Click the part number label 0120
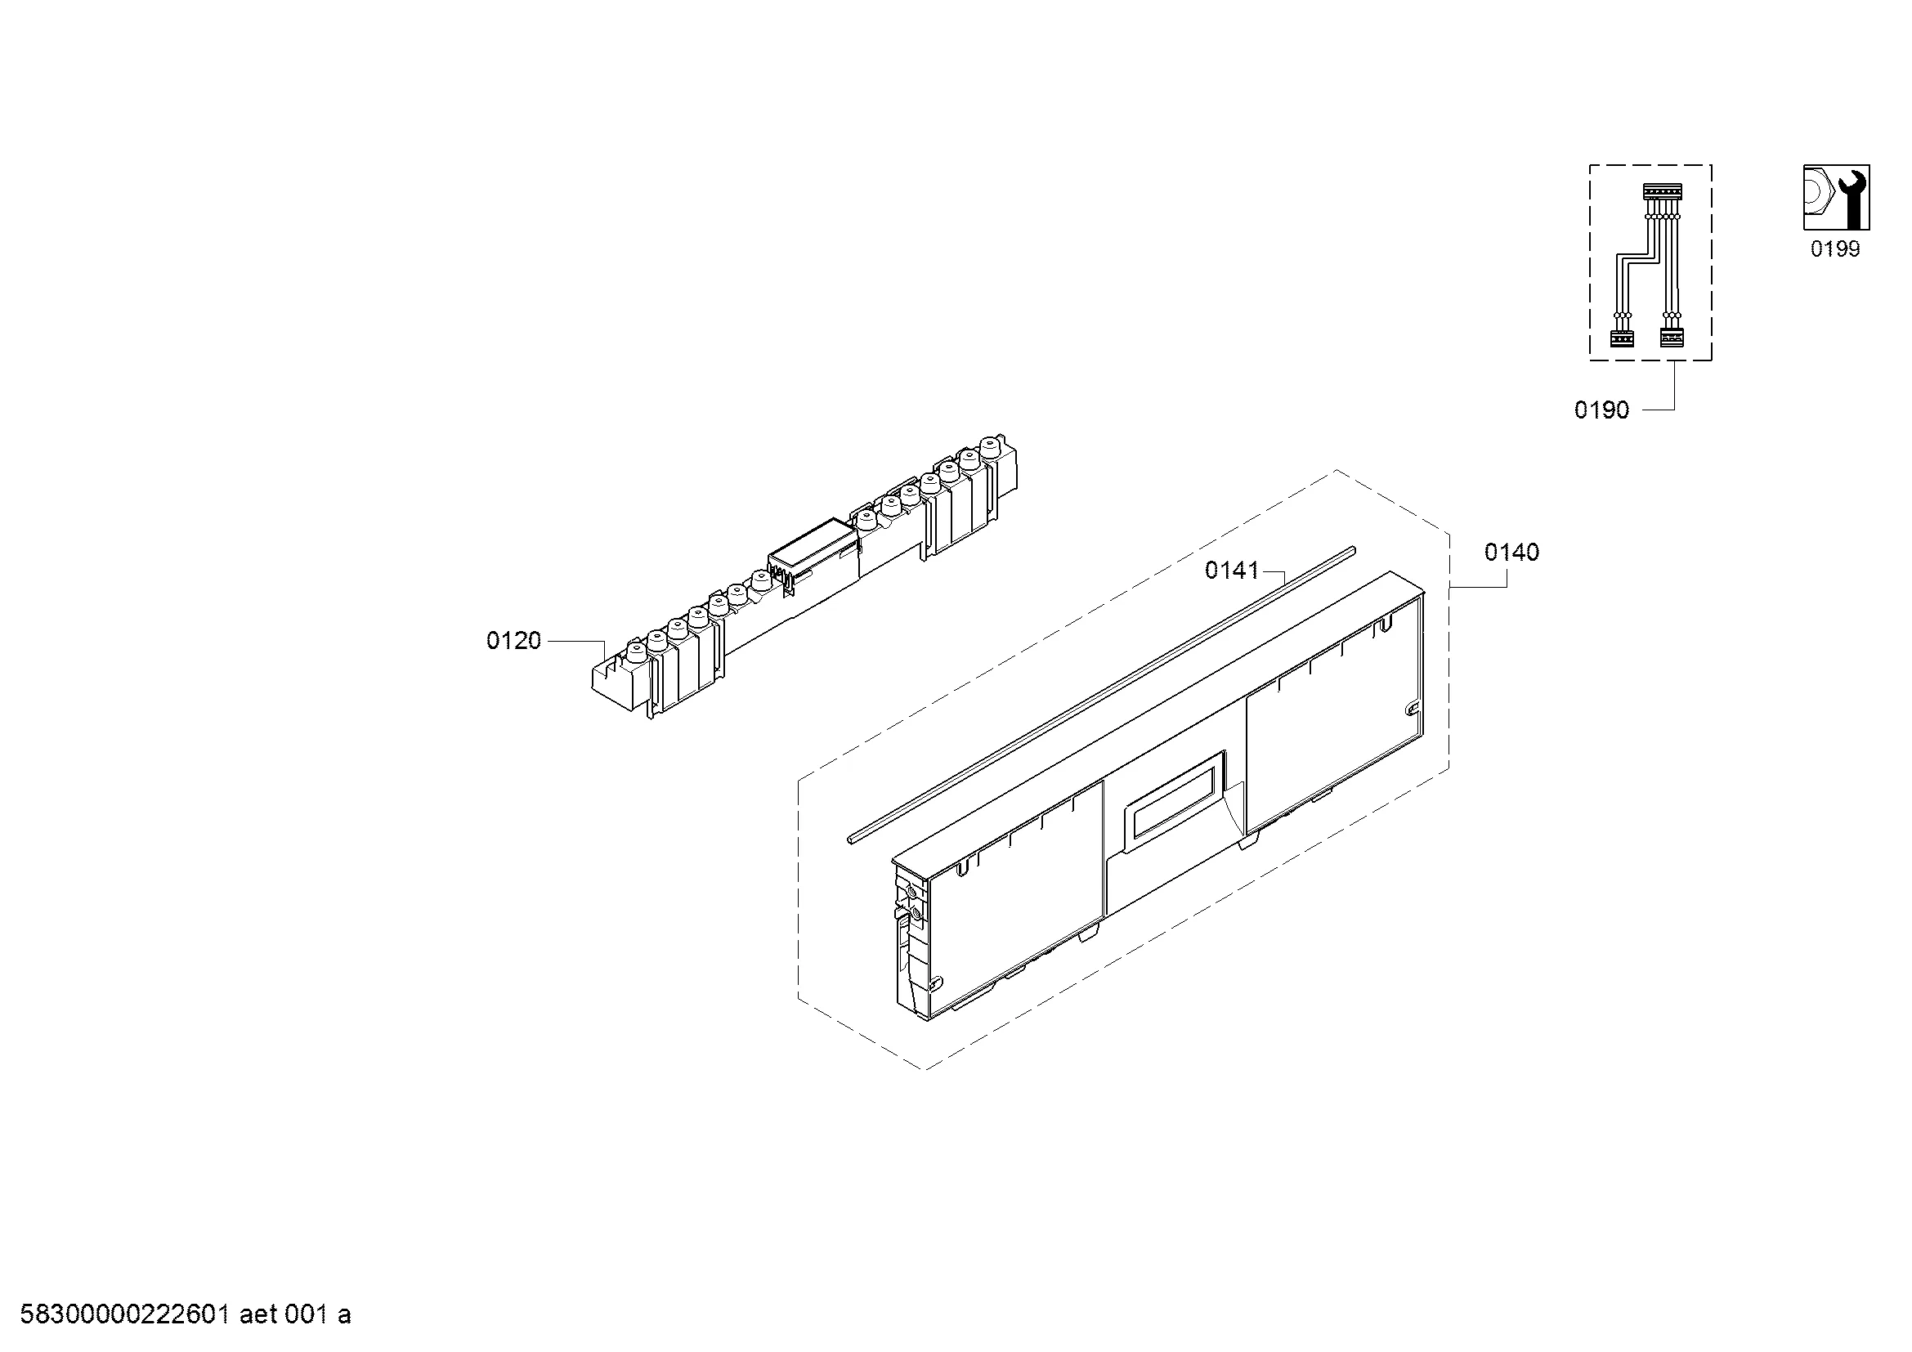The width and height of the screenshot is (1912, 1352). [514, 641]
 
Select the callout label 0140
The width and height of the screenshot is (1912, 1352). [1512, 552]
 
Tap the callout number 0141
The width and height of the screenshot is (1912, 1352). [1233, 571]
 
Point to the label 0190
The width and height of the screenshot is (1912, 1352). [1601, 410]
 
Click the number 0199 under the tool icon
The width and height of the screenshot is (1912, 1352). [1835, 249]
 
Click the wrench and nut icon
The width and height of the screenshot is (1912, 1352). [1836, 197]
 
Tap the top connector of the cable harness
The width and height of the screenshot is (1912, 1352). [1661, 191]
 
